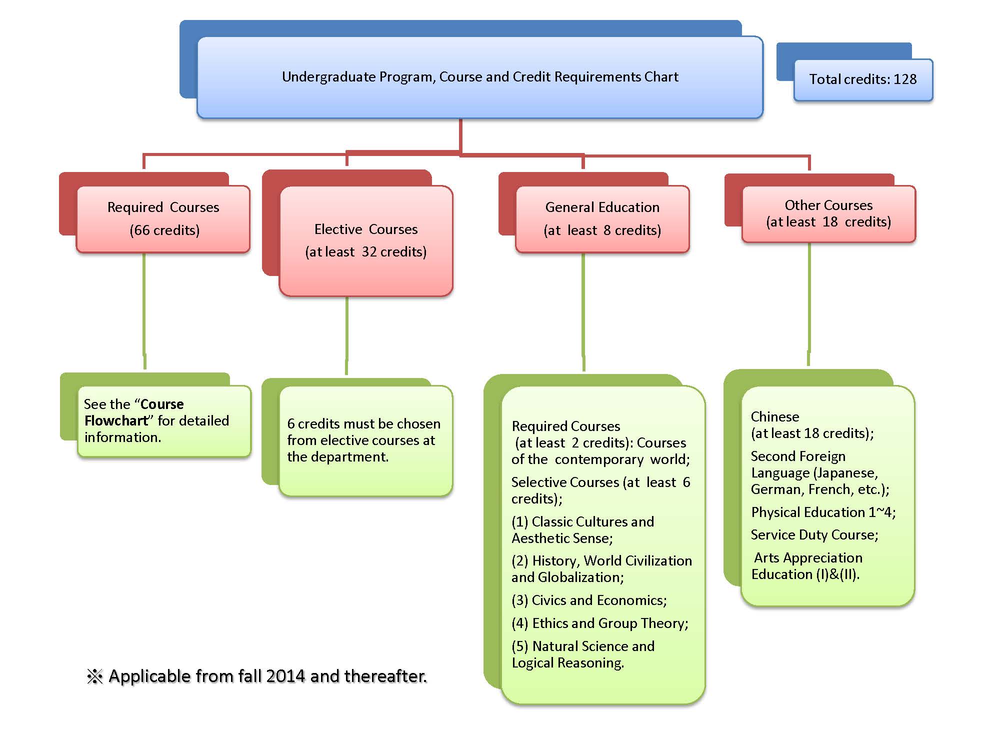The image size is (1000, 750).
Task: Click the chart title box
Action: [480, 77]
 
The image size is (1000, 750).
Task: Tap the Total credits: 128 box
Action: [863, 79]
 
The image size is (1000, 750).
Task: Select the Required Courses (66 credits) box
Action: [163, 218]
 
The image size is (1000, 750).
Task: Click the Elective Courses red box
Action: [366, 240]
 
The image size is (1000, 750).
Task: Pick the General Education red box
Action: [602, 218]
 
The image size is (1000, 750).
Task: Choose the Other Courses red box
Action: [828, 213]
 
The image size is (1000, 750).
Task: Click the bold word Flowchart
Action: [116, 421]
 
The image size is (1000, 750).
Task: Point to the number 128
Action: [905, 79]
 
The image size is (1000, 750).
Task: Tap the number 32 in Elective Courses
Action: [369, 251]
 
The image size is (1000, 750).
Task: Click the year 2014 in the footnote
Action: [285, 676]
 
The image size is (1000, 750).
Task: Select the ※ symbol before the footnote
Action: [94, 676]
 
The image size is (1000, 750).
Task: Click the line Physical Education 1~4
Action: [823, 512]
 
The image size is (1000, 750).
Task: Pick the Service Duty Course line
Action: [814, 535]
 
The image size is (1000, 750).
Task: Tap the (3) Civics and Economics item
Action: [589, 600]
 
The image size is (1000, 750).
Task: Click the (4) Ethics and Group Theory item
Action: [599, 623]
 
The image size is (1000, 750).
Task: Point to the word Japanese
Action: [845, 473]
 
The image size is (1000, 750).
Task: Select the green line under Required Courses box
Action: [144, 310]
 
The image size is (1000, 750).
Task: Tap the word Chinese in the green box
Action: [774, 417]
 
